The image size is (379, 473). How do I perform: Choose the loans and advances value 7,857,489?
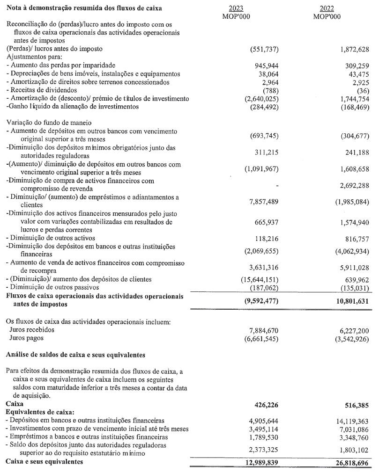click(260, 203)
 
